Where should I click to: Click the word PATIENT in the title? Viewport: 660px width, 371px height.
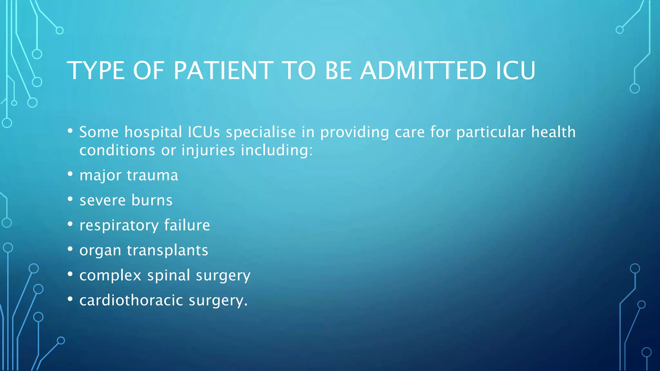click(224, 71)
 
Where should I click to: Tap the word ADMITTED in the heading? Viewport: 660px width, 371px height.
click(423, 71)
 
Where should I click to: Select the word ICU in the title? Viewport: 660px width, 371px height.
click(515, 71)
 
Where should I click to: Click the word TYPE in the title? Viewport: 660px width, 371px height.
click(96, 71)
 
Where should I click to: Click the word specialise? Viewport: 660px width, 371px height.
click(261, 132)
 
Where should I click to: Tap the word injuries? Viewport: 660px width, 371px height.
click(208, 150)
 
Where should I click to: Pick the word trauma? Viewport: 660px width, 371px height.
click(152, 176)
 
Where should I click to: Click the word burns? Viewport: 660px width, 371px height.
click(152, 200)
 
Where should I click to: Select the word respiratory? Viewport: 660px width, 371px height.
click(119, 225)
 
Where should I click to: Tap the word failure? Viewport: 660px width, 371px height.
click(187, 225)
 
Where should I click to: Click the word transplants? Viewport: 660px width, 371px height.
click(168, 250)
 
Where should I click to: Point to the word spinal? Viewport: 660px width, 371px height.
click(169, 276)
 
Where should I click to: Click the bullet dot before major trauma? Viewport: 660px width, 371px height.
click(70, 174)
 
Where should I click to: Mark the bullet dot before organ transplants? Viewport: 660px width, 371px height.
click(70, 249)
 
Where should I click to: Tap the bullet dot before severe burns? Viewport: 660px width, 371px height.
click(70, 199)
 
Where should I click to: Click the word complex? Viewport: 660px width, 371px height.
click(110, 276)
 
